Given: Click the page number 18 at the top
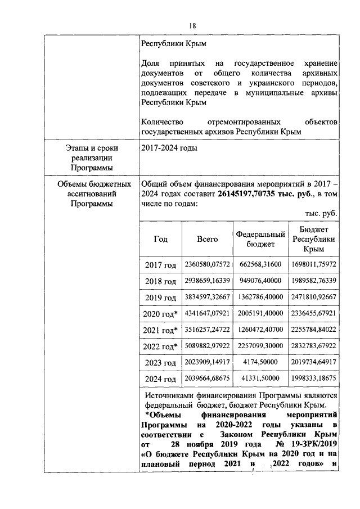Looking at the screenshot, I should click(x=192, y=26).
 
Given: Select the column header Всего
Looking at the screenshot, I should click(x=207, y=239).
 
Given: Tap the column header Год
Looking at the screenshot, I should click(x=160, y=239).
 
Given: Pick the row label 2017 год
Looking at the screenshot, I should click(x=160, y=265).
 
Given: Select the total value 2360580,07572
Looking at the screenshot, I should click(x=207, y=264).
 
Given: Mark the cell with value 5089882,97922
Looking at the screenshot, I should click(x=207, y=346).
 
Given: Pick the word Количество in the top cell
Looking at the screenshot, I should click(x=161, y=121).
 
